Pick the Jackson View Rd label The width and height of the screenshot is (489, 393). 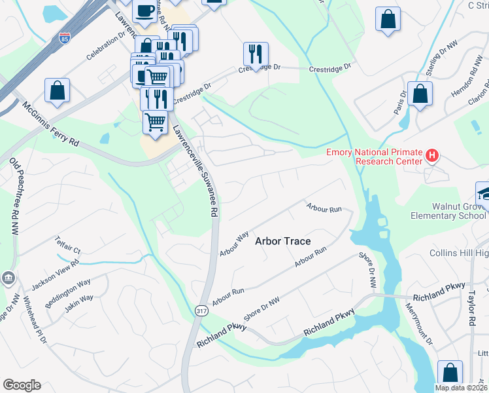pyautogui.click(x=56, y=274)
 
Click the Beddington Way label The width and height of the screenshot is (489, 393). pyautogui.click(x=67, y=295)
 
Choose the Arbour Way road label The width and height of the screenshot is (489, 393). pyautogui.click(x=234, y=243)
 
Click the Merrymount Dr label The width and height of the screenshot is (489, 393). pyautogui.click(x=418, y=324)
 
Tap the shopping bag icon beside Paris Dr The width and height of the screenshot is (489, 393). pyautogui.click(x=420, y=94)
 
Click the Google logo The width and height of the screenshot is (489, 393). pyautogui.click(x=22, y=385)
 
